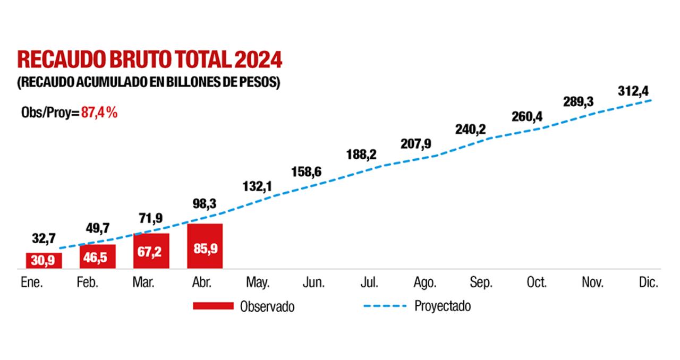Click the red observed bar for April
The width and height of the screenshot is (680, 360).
tap(205, 246)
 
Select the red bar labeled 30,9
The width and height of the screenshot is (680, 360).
tap(44, 261)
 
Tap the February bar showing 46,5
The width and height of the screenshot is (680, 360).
tap(97, 256)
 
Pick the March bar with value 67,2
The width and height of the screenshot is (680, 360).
tap(151, 251)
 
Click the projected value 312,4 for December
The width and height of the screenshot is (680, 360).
tap(633, 91)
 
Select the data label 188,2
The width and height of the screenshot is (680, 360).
tap(361, 155)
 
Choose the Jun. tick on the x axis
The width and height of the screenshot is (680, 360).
tap(314, 283)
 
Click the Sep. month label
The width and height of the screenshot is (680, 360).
tap(481, 283)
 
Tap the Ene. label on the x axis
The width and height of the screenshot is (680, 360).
tap(31, 283)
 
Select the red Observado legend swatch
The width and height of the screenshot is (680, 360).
tap(212, 306)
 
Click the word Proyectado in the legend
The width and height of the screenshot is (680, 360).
tap(442, 306)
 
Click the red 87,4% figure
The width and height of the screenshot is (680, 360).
tap(99, 113)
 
